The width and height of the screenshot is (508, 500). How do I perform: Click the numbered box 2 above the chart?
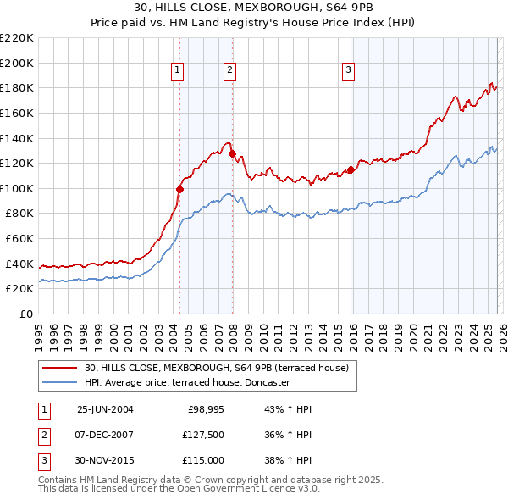pos(229,70)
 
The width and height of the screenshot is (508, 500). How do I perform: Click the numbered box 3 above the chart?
pos(348,70)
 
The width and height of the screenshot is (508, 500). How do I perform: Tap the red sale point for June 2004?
pos(179,189)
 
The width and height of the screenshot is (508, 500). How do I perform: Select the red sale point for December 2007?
pos(231,153)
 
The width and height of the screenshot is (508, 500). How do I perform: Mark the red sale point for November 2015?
pos(351,169)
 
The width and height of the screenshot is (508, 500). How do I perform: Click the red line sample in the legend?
pos(60,368)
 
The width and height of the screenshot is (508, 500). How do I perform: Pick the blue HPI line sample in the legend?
pos(60,382)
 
